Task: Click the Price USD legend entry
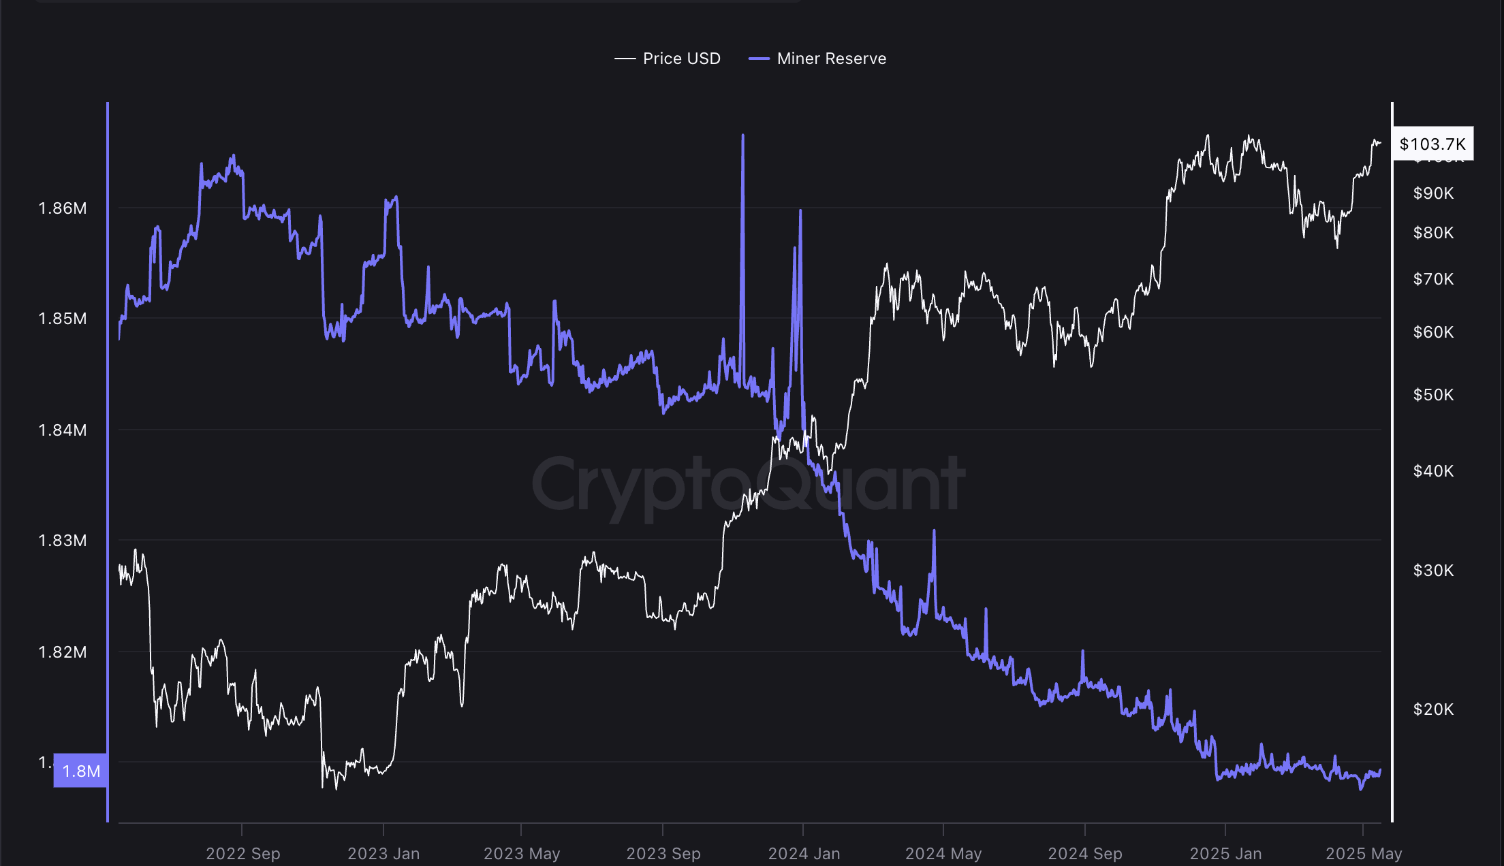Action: pyautogui.click(x=668, y=59)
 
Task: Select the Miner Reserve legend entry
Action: pyautogui.click(x=818, y=59)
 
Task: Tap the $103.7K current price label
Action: pyautogui.click(x=1432, y=144)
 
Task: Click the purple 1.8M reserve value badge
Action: pyautogui.click(x=81, y=771)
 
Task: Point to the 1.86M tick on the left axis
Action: pyautogui.click(x=63, y=208)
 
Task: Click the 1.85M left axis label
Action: pyautogui.click(x=63, y=319)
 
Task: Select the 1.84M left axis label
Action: pyautogui.click(x=63, y=430)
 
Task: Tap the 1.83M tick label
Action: pyautogui.click(x=63, y=541)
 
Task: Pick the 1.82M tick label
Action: pyautogui.click(x=63, y=652)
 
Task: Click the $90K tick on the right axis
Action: pyautogui.click(x=1433, y=193)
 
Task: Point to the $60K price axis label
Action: pyautogui.click(x=1433, y=332)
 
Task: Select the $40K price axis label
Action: pyautogui.click(x=1433, y=471)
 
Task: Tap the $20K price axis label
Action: pyautogui.click(x=1433, y=709)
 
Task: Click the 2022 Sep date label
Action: pyautogui.click(x=243, y=853)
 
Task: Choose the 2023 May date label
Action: pyautogui.click(x=522, y=853)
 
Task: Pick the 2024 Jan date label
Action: pyautogui.click(x=804, y=853)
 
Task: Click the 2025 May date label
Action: pyautogui.click(x=1364, y=853)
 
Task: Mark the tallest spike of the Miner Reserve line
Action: pyautogui.click(x=742, y=136)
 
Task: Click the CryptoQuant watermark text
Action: pyautogui.click(x=748, y=485)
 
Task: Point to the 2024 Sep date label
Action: pyautogui.click(x=1085, y=853)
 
